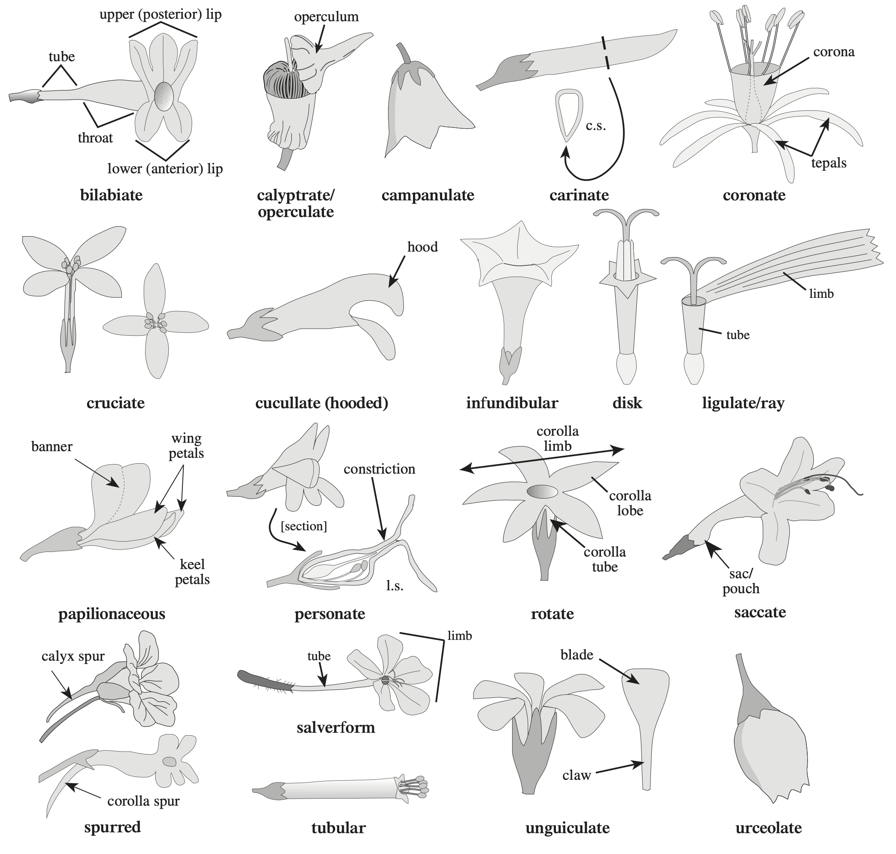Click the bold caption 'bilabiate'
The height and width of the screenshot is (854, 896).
(111, 195)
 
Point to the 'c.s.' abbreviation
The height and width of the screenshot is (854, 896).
(596, 126)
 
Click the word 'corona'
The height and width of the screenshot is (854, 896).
(833, 52)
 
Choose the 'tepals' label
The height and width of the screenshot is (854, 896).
(828, 163)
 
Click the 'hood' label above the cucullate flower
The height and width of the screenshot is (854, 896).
(422, 247)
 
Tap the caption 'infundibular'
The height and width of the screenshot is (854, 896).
(512, 403)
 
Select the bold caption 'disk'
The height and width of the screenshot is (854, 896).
(627, 403)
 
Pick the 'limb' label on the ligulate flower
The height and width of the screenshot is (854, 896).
(821, 294)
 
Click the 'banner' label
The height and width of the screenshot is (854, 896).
(51, 447)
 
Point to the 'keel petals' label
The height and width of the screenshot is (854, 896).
(192, 572)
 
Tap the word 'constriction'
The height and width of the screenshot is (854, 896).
(379, 469)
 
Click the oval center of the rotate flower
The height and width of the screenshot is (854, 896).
(542, 492)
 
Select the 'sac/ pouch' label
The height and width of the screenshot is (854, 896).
(741, 581)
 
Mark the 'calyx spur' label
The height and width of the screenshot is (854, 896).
(73, 657)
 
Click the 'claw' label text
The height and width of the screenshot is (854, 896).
(576, 775)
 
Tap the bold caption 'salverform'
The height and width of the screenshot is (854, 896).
(335, 727)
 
